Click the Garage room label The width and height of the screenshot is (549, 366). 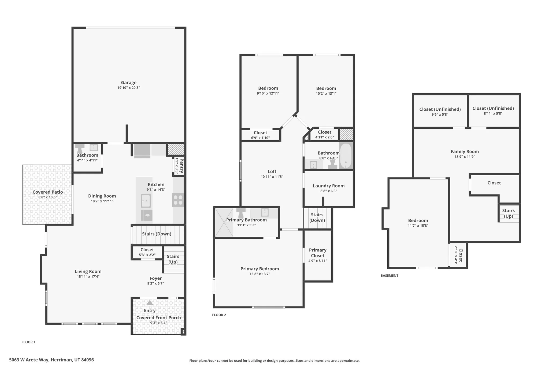coord(129,83)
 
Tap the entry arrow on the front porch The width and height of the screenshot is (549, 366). coord(150,303)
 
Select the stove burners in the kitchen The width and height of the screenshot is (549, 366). coord(178,200)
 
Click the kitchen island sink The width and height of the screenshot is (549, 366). coord(146,201)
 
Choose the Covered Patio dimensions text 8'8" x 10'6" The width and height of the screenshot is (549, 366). coord(47,197)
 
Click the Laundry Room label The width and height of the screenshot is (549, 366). coord(329,186)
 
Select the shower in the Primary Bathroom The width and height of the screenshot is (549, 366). coord(224,222)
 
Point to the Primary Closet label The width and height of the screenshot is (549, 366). coord(318,253)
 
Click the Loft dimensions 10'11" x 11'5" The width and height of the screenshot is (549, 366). coord(272,177)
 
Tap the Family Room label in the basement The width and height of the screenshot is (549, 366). coord(465,151)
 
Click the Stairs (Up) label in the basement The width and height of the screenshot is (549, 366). coord(508,213)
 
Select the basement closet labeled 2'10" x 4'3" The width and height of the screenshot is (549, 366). coord(458,255)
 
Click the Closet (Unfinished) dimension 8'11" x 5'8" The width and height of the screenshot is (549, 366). coord(493,113)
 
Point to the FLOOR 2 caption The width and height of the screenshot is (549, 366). coord(219,315)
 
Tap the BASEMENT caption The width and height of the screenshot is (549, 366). coord(390,275)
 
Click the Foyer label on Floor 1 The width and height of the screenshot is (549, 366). coord(155,278)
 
